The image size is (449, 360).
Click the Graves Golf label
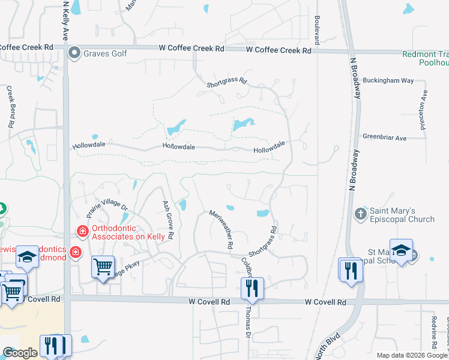point(106,53)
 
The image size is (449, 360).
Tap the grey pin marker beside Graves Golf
point(74,53)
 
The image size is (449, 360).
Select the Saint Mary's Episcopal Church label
point(401,215)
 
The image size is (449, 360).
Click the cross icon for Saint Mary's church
point(360,214)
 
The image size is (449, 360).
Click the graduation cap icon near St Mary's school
point(401,250)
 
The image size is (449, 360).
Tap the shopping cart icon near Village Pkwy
point(103,266)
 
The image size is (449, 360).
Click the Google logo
point(20,353)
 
